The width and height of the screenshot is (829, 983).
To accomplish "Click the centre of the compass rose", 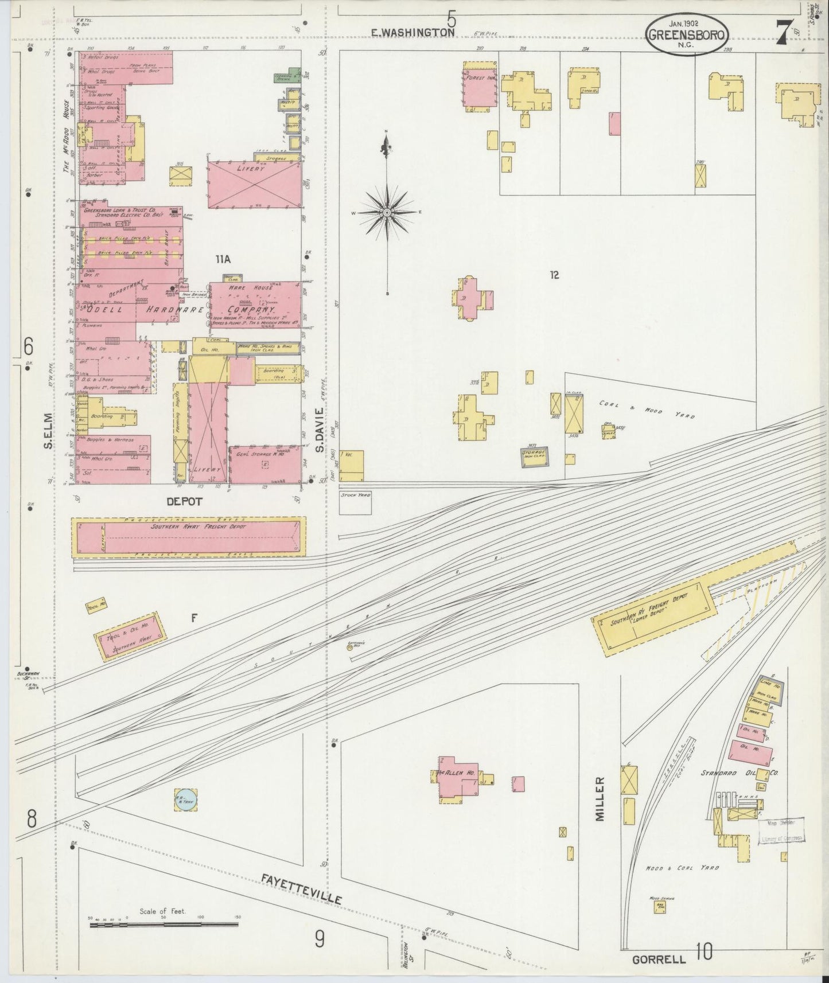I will (387, 212).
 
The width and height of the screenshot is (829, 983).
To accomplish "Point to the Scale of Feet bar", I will (164, 923).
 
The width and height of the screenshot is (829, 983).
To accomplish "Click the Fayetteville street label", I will (302, 890).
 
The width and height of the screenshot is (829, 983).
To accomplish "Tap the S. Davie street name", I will (320, 430).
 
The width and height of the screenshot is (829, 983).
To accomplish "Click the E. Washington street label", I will (413, 33).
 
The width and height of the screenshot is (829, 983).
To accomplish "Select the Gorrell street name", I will (659, 959).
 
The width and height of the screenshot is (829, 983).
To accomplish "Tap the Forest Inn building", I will (480, 85).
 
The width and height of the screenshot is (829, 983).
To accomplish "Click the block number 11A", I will (223, 260).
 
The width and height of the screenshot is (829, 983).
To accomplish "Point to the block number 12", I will (554, 275).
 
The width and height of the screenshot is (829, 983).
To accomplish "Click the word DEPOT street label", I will (184, 501).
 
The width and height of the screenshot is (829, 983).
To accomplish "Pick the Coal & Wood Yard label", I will (647, 409).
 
